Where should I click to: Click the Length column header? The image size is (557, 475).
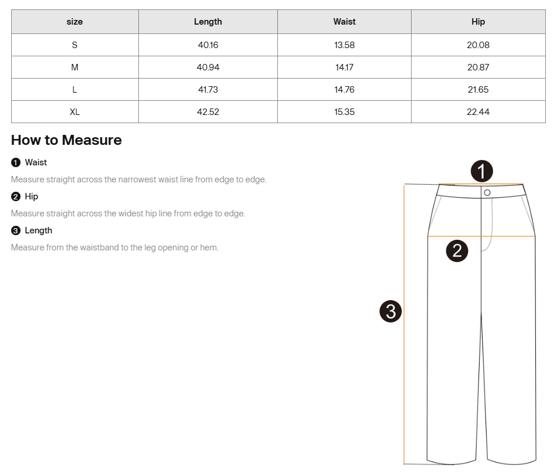208,22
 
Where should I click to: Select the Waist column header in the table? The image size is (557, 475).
344,22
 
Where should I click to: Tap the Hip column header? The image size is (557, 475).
478,22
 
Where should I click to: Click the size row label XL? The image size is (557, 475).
74,112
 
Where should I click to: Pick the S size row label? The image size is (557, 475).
74,45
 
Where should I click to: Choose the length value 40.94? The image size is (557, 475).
208,67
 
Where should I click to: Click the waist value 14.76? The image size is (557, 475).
344,90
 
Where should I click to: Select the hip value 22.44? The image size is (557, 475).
478,112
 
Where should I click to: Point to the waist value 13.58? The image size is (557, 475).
344,45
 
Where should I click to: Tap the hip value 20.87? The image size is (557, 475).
478,67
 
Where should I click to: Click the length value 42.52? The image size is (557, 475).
208,112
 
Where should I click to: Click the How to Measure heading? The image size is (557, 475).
66,140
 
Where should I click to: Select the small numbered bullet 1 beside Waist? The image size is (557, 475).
16,162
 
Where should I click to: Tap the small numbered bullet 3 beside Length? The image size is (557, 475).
16,230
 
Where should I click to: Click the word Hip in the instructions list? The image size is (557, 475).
31,196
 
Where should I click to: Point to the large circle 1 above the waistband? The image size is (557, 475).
482,171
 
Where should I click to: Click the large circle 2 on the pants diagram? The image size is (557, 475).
457,251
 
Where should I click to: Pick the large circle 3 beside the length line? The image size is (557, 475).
390,311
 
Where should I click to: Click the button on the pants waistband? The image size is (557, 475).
487,192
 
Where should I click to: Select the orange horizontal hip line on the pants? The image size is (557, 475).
481,236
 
